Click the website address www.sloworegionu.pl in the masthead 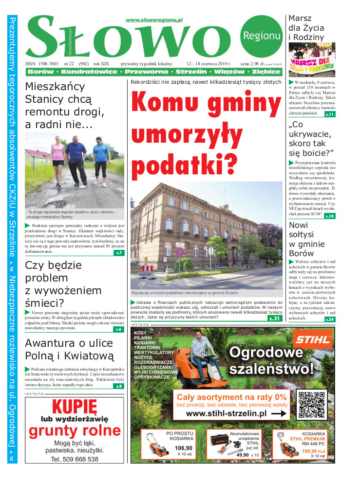(154, 20)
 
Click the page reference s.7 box (119, 253)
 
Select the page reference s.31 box (275, 318)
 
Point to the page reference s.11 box (330, 114)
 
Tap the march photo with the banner (312, 60)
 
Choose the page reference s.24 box (330, 319)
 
